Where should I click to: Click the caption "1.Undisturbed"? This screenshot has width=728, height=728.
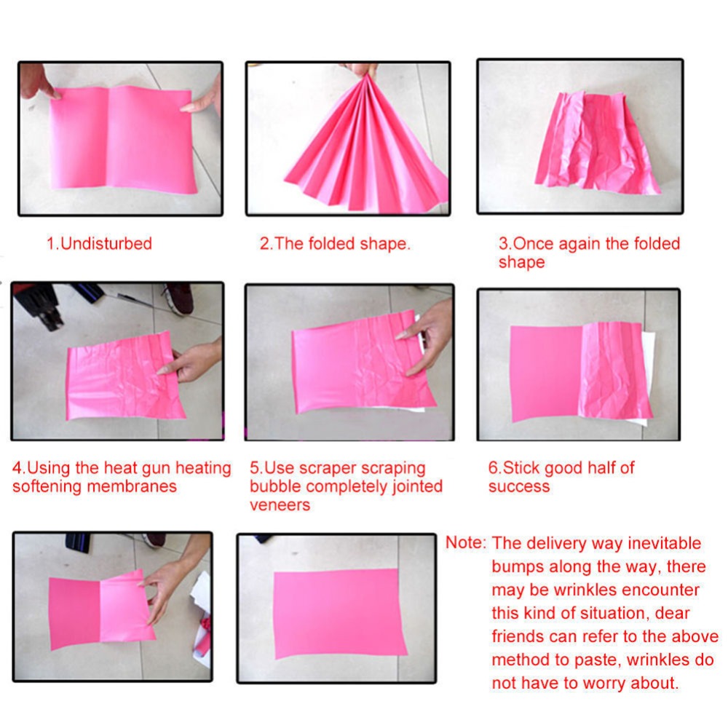(x=99, y=244)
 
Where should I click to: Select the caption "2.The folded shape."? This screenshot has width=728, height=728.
(x=335, y=244)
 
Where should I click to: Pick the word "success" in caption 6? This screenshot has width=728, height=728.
(x=518, y=486)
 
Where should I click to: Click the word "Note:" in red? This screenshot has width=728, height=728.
(x=465, y=543)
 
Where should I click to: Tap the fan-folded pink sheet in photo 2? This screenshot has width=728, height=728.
(x=364, y=146)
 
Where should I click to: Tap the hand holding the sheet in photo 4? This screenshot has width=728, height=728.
(x=193, y=360)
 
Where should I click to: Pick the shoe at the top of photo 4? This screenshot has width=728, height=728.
(x=178, y=297)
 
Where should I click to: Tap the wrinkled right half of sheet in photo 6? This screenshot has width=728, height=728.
(x=612, y=371)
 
